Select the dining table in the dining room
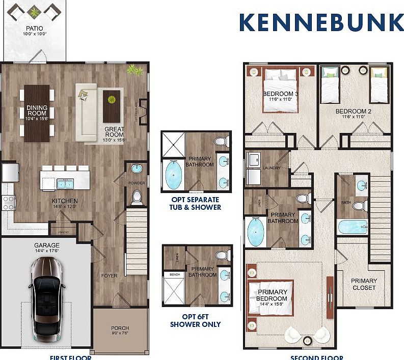pos(37,113)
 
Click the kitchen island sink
pos(65,183)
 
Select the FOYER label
pos(109,275)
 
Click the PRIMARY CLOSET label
pos(364,284)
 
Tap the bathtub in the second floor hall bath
pos(352,227)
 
